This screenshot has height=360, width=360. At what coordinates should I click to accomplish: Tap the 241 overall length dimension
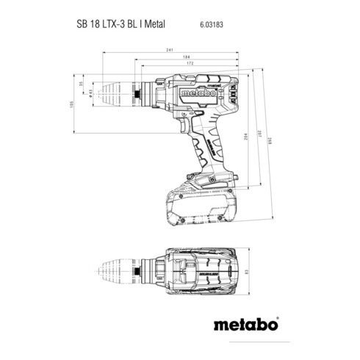[x=171, y=50]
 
